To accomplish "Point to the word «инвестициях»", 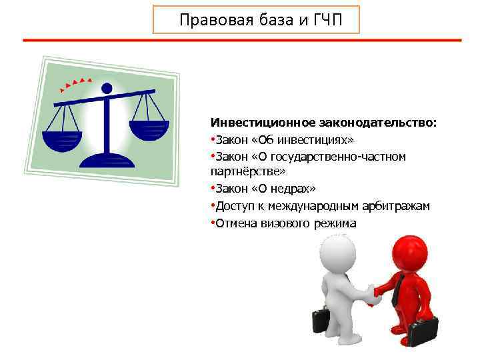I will point(316,140).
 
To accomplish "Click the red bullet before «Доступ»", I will point(212,207).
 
